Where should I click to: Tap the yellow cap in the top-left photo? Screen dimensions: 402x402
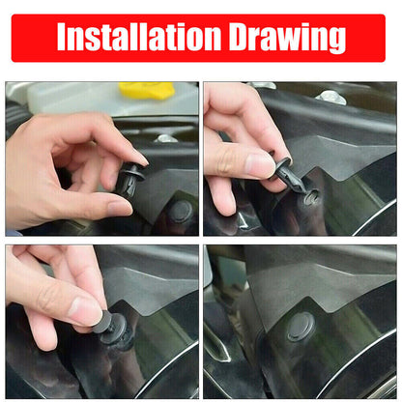click(146, 91)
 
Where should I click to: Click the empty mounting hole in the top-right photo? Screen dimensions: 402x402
click(311, 196)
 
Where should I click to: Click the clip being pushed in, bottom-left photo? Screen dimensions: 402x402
click(114, 329)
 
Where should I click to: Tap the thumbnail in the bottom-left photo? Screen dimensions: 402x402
click(84, 311)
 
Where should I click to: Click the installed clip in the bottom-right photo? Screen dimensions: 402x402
click(301, 326)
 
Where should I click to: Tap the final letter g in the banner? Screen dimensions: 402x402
click(334, 41)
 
